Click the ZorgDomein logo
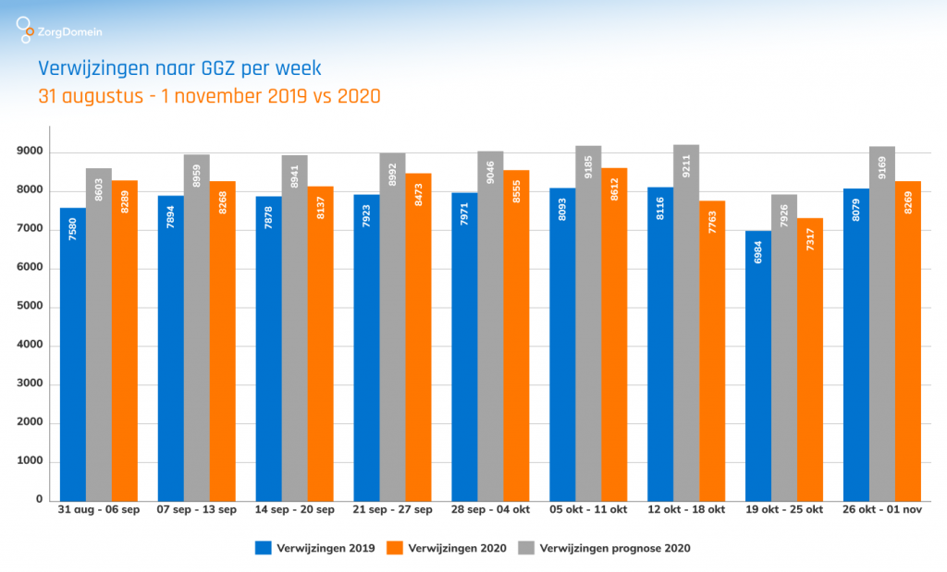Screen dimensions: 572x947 coord(59,30)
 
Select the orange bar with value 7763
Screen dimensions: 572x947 coord(711,350)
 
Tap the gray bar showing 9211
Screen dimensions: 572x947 coord(685,323)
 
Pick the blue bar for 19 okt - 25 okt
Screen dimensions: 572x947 coord(757,366)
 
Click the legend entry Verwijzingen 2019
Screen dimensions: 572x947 coord(314,548)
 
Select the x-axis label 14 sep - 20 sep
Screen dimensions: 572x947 coord(294,509)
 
